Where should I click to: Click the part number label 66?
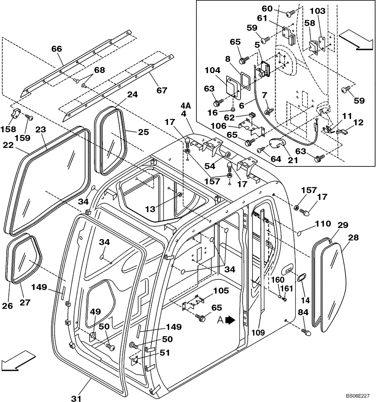57,49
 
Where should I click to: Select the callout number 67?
161,90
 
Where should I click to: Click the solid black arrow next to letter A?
230,320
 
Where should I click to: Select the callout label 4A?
185,107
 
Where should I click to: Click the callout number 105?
210,290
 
